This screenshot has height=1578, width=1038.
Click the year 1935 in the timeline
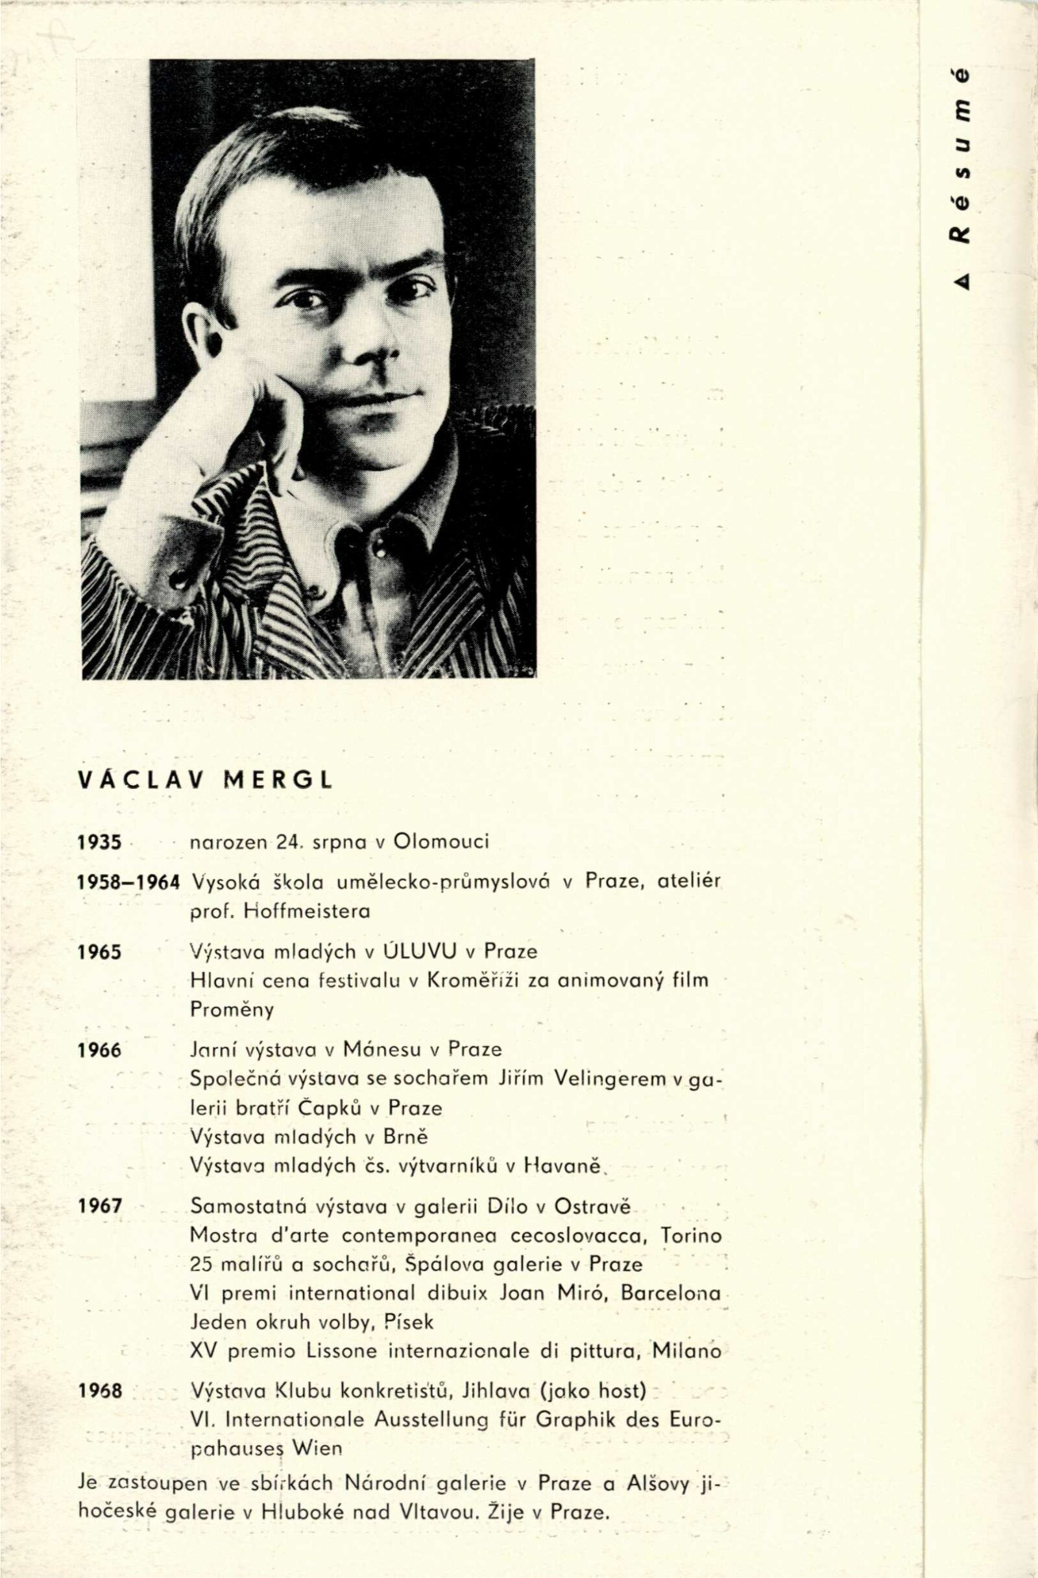(x=100, y=843)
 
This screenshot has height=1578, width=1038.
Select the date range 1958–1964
(x=128, y=884)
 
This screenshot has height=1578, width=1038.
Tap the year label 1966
(x=100, y=1052)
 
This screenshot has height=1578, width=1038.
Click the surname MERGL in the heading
(x=279, y=781)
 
